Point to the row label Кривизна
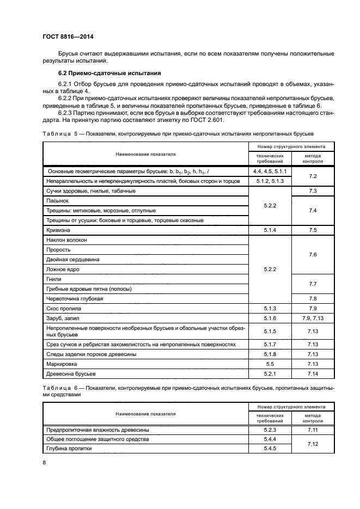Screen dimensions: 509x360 pos(60,230)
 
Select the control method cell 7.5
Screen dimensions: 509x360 pos(313,230)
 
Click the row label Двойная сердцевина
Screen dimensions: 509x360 pos(74,260)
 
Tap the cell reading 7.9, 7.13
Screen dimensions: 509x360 pos(313,318)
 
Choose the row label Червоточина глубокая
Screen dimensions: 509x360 pos(75,299)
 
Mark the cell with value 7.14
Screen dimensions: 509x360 pos(313,374)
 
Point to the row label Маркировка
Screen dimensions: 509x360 pos(62,364)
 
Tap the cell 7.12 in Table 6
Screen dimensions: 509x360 pos(313,444)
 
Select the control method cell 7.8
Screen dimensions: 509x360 pos(313,299)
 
